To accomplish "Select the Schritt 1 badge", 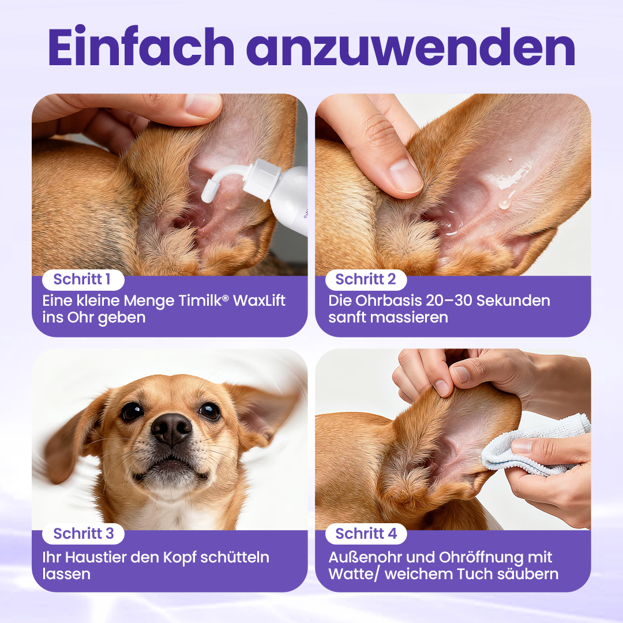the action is coord(83,279).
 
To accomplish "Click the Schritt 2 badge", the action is coord(366,279).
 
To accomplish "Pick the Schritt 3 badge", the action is coord(83,534).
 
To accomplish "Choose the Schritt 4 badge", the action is coord(366,534).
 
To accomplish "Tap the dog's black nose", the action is coord(171,429).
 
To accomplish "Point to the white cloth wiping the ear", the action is coord(534,445).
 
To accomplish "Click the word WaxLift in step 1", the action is coord(259,301).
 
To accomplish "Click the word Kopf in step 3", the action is coord(179,558).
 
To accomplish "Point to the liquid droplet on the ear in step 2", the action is coord(505,203).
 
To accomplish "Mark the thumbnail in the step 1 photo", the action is coord(202,104).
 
